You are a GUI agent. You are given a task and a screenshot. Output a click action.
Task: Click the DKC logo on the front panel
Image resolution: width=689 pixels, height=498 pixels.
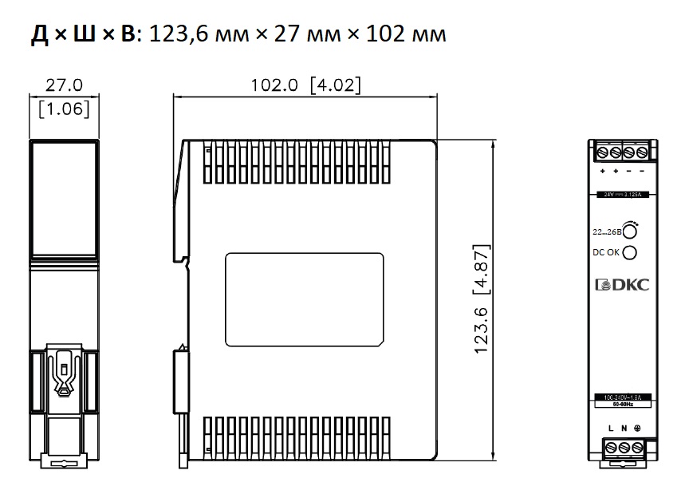pyautogui.click(x=624, y=285)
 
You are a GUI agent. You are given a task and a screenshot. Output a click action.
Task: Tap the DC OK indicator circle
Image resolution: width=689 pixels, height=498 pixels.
pyautogui.click(x=630, y=253)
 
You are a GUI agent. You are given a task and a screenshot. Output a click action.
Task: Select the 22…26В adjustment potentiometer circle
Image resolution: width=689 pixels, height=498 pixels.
pyautogui.click(x=630, y=232)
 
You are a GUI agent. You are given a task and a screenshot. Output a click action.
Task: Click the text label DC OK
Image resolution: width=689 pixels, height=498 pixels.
pyautogui.click(x=604, y=253)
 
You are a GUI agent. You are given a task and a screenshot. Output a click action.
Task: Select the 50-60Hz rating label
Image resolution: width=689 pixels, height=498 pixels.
pyautogui.click(x=624, y=405)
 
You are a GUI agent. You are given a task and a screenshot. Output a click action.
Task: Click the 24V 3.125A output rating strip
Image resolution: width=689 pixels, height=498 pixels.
pyautogui.click(x=624, y=194)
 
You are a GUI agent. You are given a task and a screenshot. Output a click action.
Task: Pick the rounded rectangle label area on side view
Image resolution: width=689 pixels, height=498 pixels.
pyautogui.click(x=305, y=299)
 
